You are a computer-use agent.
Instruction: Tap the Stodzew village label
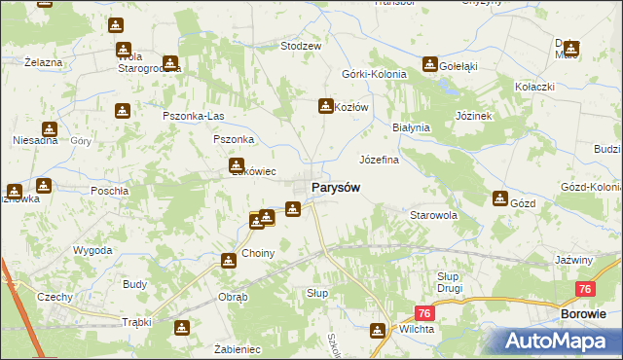[x=301, y=46]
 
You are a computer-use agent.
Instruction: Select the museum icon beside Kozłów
[x=326, y=106]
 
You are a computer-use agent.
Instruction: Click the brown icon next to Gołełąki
[x=429, y=64]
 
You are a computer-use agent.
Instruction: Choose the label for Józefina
[x=380, y=159]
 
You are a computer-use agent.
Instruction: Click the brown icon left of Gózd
[x=499, y=199]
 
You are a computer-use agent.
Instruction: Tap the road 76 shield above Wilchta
[x=423, y=312]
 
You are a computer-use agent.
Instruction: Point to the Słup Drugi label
[x=449, y=282]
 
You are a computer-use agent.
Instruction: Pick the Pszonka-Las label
[x=194, y=117]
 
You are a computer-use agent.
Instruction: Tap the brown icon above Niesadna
[x=50, y=129]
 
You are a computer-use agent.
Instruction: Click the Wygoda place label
[x=92, y=250]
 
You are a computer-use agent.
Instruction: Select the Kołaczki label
[x=534, y=86]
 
